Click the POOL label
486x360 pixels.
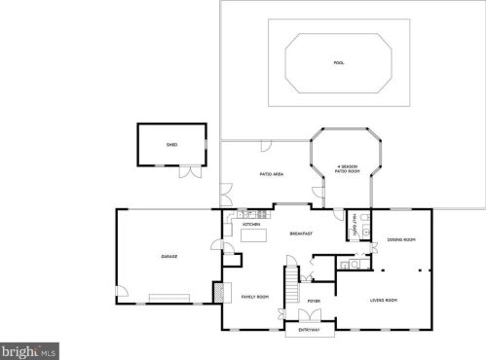339,63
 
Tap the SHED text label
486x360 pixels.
171,144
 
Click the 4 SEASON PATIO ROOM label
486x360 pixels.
348,169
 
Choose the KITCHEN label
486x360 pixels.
251,224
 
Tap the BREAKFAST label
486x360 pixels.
301,234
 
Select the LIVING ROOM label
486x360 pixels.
384,300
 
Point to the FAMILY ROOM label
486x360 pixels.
254,296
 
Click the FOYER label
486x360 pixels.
314,302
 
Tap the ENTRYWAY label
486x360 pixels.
308,331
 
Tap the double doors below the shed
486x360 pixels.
191,171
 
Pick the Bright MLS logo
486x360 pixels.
29,349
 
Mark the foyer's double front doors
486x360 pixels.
313,318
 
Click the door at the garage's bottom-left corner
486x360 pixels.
122,293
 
